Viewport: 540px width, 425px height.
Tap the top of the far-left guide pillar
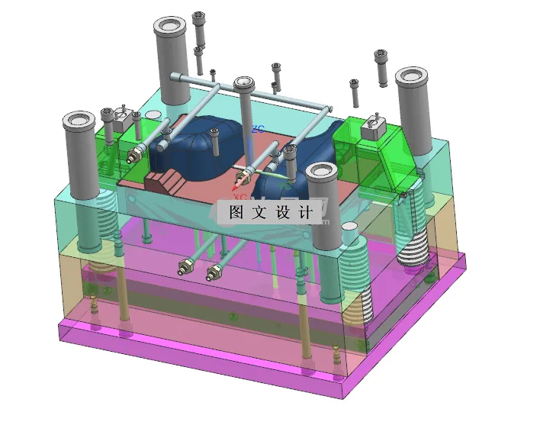79,121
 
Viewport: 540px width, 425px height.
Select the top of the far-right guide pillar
413,76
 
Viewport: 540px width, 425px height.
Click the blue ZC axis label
258,130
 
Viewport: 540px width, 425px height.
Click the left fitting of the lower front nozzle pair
184,266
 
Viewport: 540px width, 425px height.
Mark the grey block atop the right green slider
373,127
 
